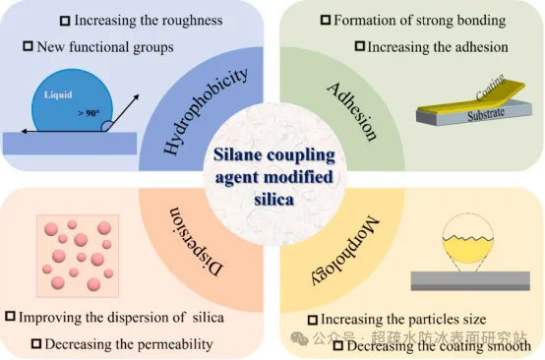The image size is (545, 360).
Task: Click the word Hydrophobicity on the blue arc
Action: [206, 111]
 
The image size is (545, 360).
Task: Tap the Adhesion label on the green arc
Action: [352, 112]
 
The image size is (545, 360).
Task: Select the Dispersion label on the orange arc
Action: [196, 242]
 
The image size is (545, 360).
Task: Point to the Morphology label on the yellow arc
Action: [345, 250]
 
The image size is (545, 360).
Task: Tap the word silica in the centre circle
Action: [274, 200]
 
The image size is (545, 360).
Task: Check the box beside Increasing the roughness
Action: [65, 21]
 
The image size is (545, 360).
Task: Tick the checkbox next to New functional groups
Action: [28, 46]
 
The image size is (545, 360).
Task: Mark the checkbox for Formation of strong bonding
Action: [326, 20]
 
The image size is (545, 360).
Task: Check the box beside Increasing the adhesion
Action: [360, 46]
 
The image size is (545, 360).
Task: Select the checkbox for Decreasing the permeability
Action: [36, 343]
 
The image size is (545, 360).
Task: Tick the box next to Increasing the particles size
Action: [313, 320]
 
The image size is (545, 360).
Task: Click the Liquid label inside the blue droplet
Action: [58, 94]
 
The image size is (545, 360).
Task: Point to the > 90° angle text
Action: [89, 113]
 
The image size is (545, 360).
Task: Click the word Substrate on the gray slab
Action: [486, 114]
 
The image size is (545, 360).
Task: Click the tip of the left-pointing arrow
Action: [22, 132]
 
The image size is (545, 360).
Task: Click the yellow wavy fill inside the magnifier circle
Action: [468, 249]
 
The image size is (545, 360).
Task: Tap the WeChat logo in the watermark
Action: [299, 338]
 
